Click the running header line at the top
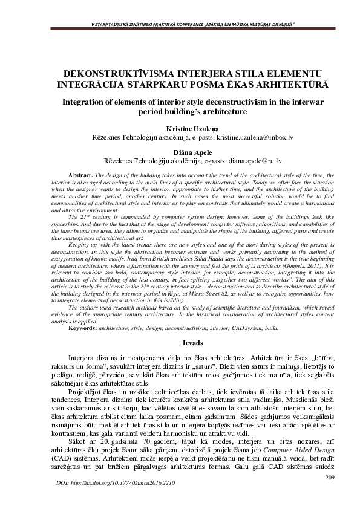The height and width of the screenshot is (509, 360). [x=180, y=24]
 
